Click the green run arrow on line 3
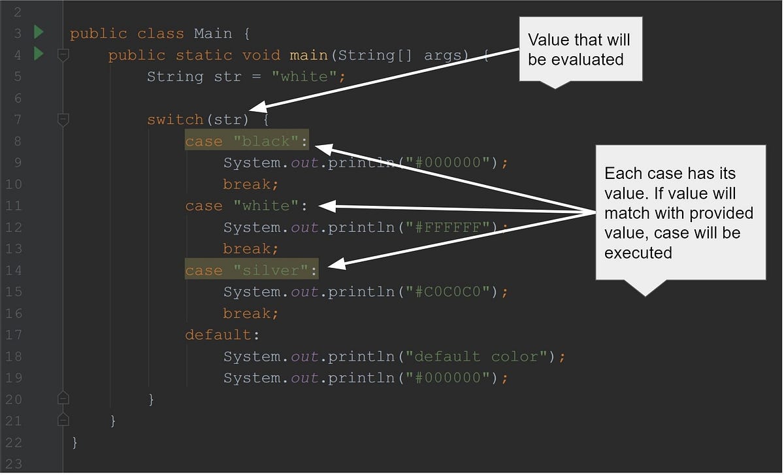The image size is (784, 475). click(38, 32)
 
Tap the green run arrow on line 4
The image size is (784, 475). click(38, 54)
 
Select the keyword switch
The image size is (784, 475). click(175, 120)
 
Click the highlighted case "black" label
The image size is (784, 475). click(246, 141)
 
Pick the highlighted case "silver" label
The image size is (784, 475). click(251, 270)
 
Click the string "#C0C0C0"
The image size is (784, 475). click(452, 292)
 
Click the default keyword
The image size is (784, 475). click(218, 335)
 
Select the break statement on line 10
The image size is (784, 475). click(251, 184)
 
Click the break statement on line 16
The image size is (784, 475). click(251, 314)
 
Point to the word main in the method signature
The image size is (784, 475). click(309, 55)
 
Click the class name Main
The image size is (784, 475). click(213, 33)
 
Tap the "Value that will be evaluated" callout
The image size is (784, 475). click(580, 50)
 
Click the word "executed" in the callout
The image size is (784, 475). click(638, 252)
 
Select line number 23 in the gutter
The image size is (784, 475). click(14, 465)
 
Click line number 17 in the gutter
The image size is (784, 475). click(14, 335)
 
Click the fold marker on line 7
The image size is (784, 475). click(63, 120)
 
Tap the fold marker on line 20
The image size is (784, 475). click(63, 398)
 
